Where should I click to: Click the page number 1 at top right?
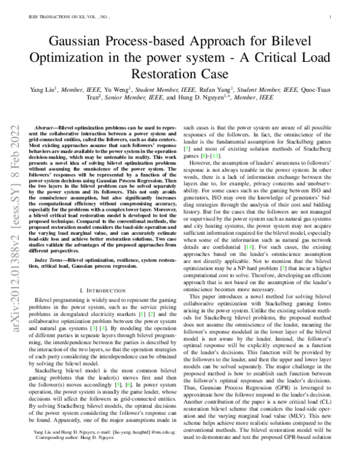click(x=331, y=17)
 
